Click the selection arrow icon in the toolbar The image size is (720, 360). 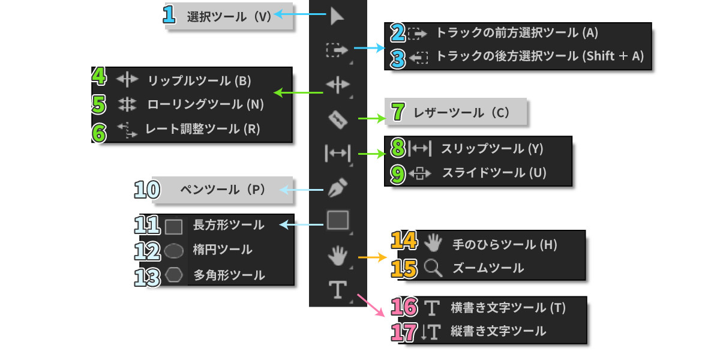coord(337,16)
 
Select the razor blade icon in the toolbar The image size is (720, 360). coord(338,119)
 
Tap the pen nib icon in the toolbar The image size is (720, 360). coord(337,187)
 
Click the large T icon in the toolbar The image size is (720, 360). coord(337,289)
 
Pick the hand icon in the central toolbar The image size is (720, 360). coord(337,256)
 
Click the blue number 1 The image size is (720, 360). coord(169,14)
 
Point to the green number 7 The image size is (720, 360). coord(398,112)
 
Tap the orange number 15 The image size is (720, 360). coord(404,269)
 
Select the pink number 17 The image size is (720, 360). coord(404,332)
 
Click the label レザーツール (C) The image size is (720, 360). coord(461,113)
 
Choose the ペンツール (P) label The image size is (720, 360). coord(223,190)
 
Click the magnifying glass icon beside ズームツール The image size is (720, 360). coord(433,268)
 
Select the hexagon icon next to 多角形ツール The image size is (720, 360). coord(174,275)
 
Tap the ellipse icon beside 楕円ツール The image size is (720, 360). coord(173,250)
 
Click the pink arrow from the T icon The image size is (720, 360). coord(371,305)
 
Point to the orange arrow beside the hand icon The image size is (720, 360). coord(372,257)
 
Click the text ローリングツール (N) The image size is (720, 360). coord(205,104)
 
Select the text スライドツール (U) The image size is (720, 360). coord(494,173)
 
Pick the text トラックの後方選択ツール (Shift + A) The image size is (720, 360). coord(540,56)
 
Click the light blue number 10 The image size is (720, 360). coord(147,190)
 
